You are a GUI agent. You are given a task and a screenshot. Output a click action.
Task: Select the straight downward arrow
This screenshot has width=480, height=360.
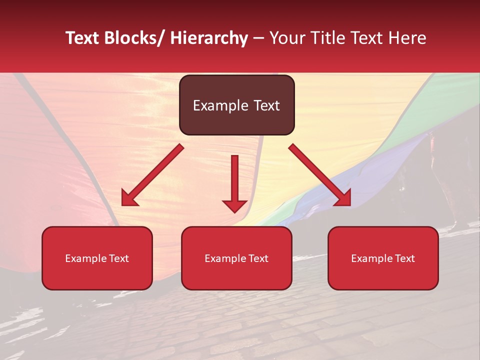pos(234,182)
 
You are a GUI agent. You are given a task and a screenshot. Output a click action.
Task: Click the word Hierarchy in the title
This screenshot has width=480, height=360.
pos(209,38)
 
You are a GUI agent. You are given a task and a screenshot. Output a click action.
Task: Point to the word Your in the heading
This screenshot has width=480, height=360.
pos(287,38)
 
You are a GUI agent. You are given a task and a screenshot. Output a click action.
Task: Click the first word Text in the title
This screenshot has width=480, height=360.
pos(83,38)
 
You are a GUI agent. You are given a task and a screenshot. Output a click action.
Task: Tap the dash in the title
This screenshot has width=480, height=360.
pos(258,38)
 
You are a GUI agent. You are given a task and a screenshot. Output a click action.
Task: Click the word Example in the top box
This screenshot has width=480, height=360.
pos(220,105)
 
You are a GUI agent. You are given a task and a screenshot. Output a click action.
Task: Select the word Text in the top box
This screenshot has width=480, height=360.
pos(265,105)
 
